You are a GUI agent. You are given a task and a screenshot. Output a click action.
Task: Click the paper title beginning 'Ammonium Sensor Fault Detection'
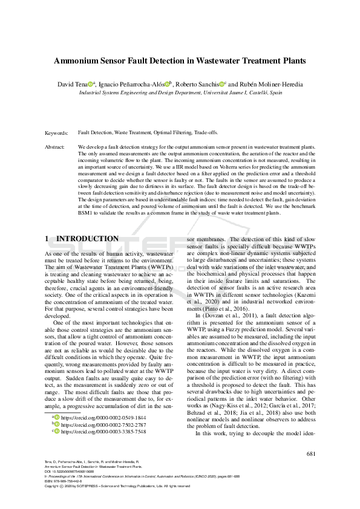click(180, 60)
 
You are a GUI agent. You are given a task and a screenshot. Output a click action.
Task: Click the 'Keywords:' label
click(57, 132)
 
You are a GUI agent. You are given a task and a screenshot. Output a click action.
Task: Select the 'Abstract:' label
click(56, 147)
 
